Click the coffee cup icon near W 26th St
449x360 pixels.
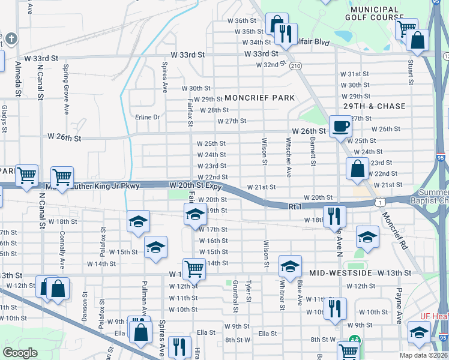[x=340, y=126]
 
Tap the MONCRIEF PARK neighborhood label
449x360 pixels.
[x=259, y=98]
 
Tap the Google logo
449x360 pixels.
[x=20, y=353]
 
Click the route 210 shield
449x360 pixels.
[x=295, y=65]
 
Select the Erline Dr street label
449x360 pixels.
[x=148, y=117]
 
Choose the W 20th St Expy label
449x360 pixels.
[x=196, y=186]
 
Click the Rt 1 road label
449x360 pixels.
[x=294, y=206]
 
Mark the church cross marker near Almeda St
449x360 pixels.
[x=11, y=40]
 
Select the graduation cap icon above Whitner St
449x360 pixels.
[x=290, y=266]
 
